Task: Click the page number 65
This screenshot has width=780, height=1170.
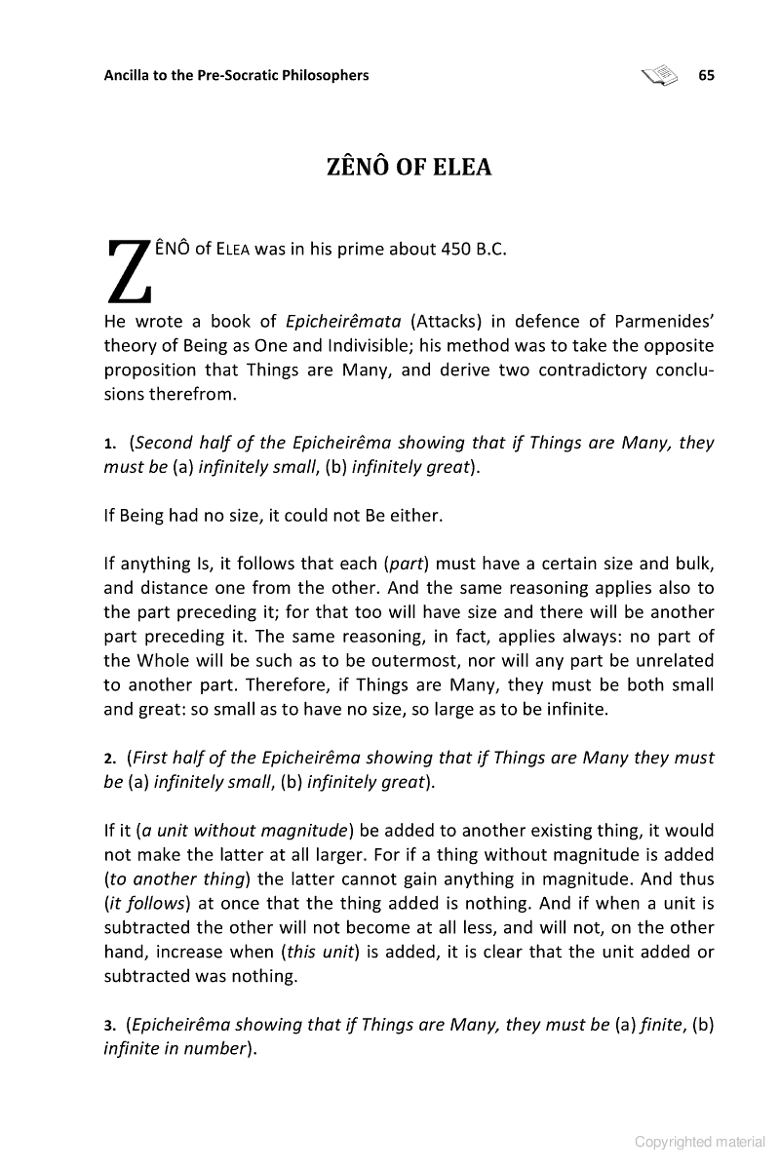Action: click(707, 75)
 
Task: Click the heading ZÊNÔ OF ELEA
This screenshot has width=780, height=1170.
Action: click(409, 168)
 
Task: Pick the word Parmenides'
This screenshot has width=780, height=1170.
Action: click(666, 323)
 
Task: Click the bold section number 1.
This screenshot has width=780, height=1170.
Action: click(109, 444)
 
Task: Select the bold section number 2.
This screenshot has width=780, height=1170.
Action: click(109, 759)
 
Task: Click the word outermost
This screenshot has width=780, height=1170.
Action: click(367, 660)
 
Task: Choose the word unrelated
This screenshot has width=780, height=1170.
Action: click(668, 660)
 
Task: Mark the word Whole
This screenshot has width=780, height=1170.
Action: click(162, 660)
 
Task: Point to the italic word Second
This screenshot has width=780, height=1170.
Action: click(164, 443)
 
